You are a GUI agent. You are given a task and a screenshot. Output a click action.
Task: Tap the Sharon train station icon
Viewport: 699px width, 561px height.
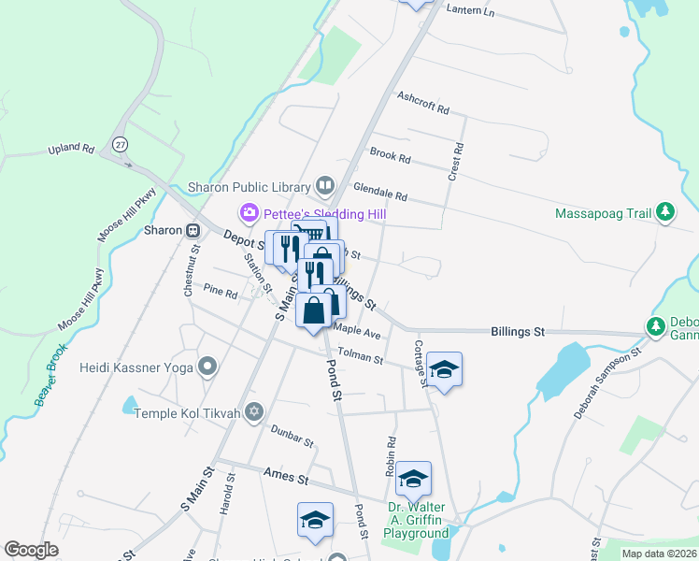pos(193,230)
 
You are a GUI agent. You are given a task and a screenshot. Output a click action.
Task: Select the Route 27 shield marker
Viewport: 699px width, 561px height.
pos(120,145)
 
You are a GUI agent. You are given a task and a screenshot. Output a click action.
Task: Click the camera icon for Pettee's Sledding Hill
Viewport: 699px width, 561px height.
pos(249,214)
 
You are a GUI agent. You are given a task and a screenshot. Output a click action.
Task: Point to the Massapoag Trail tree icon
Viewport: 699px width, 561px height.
pos(664,213)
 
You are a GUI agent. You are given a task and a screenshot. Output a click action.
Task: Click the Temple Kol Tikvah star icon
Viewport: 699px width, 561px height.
pos(255,412)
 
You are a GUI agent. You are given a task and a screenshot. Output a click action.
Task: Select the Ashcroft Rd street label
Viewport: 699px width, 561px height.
pos(422,102)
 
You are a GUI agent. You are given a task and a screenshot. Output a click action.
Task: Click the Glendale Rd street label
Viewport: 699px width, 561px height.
pos(379,191)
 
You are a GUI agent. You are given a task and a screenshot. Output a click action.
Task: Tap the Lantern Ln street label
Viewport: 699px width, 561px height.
pos(469,9)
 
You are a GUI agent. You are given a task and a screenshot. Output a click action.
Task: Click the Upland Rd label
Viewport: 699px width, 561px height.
pos(72,149)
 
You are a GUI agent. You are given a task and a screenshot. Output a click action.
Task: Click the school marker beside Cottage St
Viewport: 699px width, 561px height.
pos(445,370)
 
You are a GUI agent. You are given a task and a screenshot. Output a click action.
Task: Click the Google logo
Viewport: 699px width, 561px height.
pos(31,550)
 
